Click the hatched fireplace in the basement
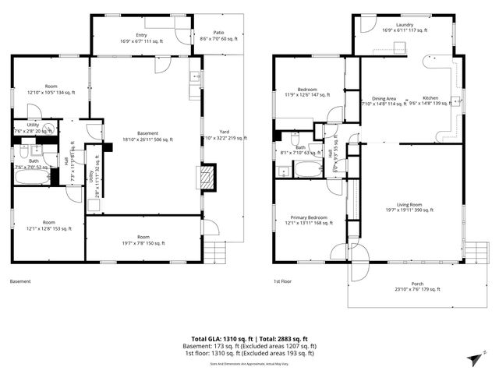[207, 178]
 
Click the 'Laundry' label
[404, 26]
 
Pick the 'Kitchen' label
[430, 99]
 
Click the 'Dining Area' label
[384, 99]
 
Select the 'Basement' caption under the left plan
[20, 281]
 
